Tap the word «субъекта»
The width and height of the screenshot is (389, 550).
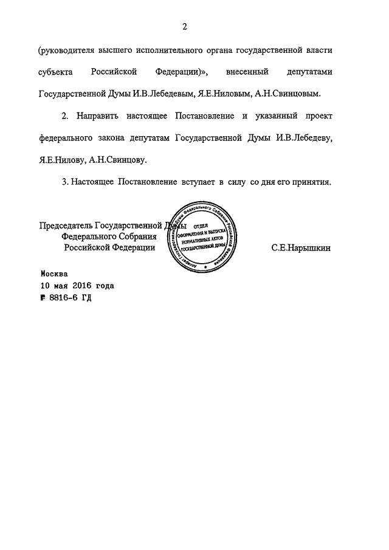coord(57,72)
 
